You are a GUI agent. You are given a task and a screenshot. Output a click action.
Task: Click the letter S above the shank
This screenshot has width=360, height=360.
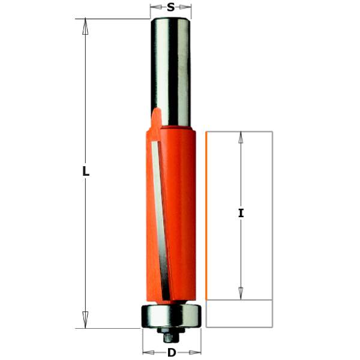[170, 8]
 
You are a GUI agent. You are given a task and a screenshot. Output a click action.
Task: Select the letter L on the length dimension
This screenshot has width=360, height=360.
[86, 172]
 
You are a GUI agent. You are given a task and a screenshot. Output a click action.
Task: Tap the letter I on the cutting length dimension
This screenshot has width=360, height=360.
[241, 213]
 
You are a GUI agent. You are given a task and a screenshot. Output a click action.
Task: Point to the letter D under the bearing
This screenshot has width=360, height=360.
[172, 353]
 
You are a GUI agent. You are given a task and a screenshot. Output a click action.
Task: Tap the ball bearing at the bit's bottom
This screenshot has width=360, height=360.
[171, 316]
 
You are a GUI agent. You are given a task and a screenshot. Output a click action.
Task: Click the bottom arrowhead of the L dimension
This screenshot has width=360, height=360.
[86, 320]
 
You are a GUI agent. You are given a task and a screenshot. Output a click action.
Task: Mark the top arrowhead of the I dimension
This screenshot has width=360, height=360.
[241, 137]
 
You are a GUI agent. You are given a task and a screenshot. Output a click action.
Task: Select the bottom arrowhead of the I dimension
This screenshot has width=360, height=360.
[241, 293]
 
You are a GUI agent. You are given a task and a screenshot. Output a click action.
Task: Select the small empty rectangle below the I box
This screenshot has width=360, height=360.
[239, 313]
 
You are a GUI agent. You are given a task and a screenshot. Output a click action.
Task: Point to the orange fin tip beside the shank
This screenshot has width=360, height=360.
[155, 113]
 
